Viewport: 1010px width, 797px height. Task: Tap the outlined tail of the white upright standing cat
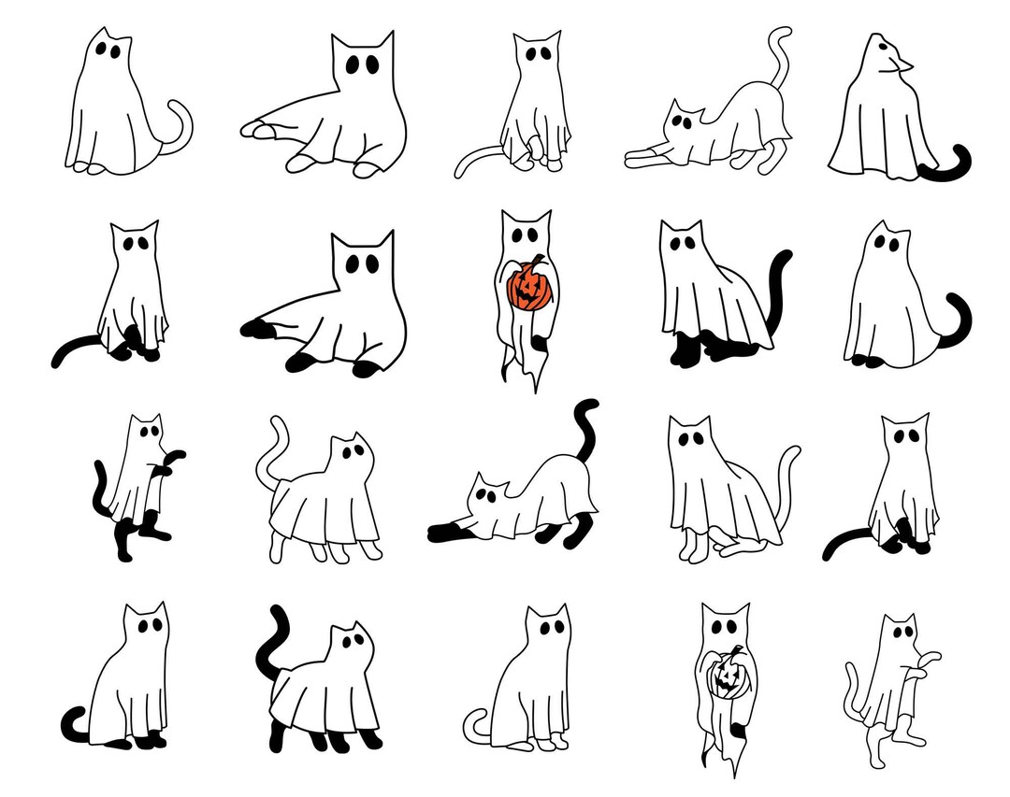pos(855,688)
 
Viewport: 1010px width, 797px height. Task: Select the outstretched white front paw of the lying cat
pos(255,130)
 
